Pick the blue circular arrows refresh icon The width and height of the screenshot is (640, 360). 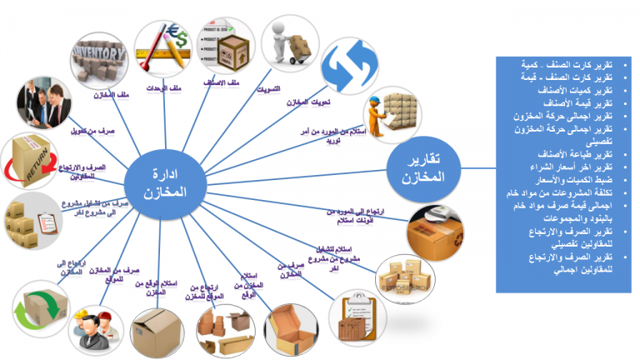pos(350,67)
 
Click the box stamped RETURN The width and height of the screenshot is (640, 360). pos(32,158)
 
